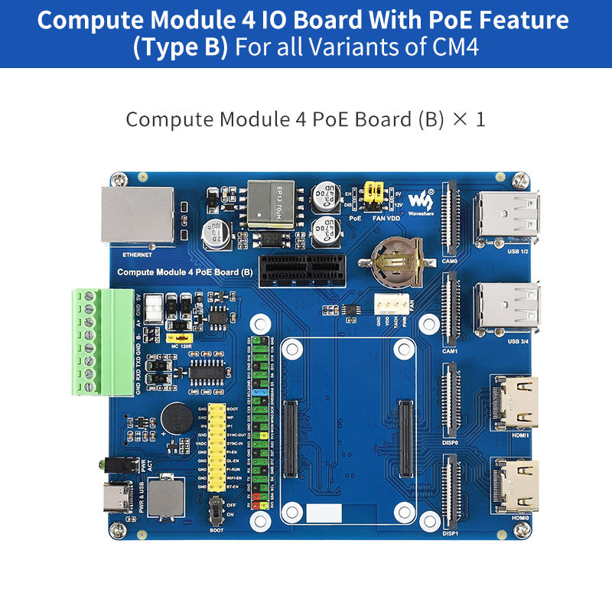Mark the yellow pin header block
click(x=218, y=448)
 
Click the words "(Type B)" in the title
click(x=181, y=47)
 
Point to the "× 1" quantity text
click(x=469, y=119)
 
